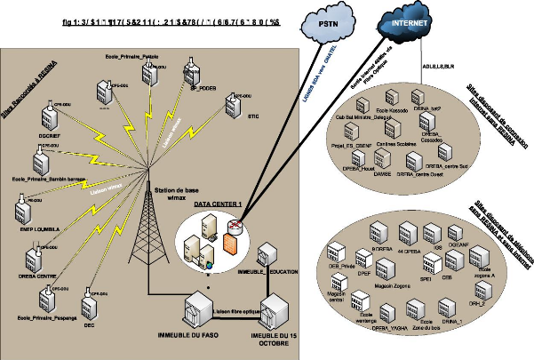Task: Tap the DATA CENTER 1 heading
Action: coord(218,204)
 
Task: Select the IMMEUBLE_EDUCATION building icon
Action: coord(267,251)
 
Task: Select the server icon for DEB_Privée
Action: coord(338,253)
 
